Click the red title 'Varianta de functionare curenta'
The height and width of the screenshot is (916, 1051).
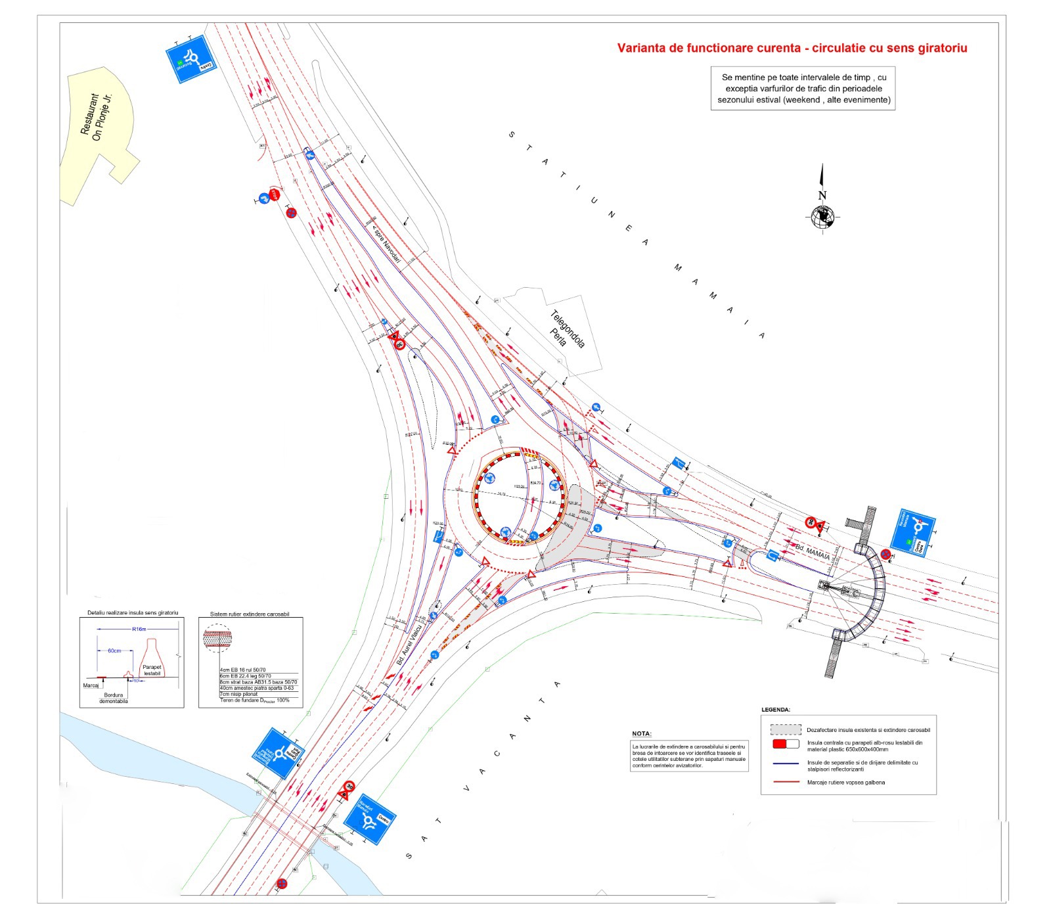pyautogui.click(x=792, y=48)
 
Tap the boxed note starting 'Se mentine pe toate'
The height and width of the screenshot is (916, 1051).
pyautogui.click(x=803, y=89)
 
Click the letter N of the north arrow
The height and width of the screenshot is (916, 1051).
pyautogui.click(x=822, y=195)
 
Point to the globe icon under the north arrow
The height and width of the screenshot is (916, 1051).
pyautogui.click(x=822, y=216)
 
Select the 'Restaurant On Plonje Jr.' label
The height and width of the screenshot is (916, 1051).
pyautogui.click(x=97, y=118)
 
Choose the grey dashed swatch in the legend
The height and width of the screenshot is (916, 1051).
pyautogui.click(x=785, y=729)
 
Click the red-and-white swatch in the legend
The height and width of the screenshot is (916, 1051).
pyautogui.click(x=785, y=744)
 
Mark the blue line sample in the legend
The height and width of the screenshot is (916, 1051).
pyautogui.click(x=785, y=764)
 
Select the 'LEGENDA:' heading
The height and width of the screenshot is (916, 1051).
pyautogui.click(x=776, y=710)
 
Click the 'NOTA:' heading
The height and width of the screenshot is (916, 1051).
pyautogui.click(x=642, y=733)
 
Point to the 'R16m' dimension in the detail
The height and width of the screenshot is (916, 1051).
pyautogui.click(x=139, y=629)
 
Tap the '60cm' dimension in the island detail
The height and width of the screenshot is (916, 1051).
pyautogui.click(x=114, y=651)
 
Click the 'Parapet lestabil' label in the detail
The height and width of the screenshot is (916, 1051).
pyautogui.click(x=152, y=670)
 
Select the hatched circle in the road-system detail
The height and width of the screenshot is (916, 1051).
pyautogui.click(x=217, y=637)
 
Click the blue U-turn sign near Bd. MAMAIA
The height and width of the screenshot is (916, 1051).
pyautogui.click(x=773, y=556)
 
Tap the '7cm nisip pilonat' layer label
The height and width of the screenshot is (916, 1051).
pyautogui.click(x=239, y=694)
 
